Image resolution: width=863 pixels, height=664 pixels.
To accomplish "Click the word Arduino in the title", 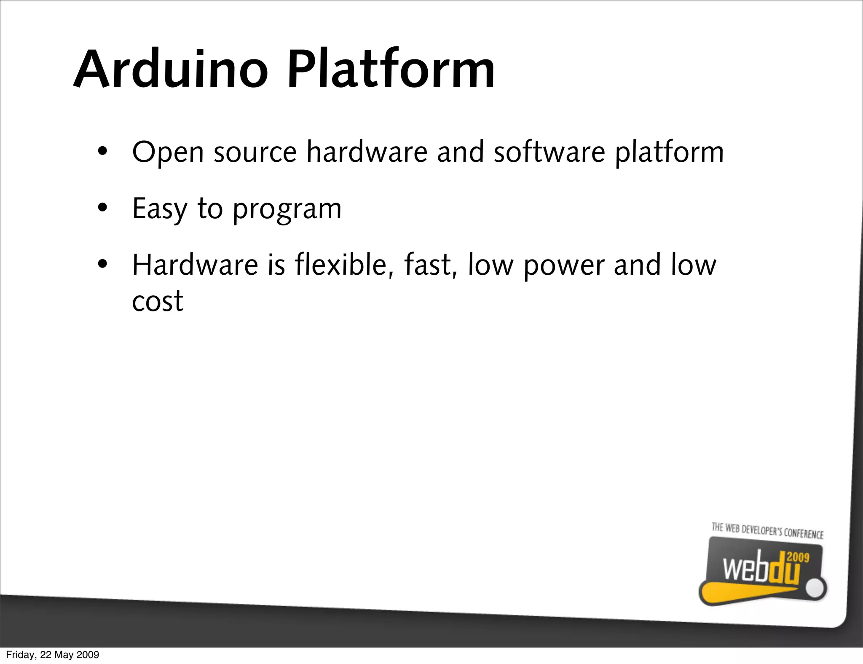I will pos(171,70).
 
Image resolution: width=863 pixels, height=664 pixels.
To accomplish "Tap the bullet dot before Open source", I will pos(102,151).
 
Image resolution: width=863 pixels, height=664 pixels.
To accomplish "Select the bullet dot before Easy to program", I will pos(102,208).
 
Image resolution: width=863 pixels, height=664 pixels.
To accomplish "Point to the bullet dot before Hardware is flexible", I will pos(102,265).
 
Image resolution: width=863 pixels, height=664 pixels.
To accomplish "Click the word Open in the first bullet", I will pos(168,153).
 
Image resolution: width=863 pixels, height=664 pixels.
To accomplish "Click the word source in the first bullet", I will pos(255,153).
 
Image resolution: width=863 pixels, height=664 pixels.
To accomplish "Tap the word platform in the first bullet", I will pos(669,153).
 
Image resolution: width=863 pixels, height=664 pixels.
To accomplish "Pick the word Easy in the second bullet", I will pos(159,209).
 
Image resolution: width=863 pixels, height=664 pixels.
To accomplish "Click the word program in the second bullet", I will pos(287,210).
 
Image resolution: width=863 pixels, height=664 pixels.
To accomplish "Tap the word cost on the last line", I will pos(158,301).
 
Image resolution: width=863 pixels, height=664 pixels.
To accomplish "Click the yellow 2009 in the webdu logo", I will pos(798,557).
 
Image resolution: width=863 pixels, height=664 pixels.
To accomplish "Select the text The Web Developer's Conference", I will pos(767,531).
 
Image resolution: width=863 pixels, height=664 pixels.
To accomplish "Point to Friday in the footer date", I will pos(21,655).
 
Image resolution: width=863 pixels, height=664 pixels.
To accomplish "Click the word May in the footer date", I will pos(64,655).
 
